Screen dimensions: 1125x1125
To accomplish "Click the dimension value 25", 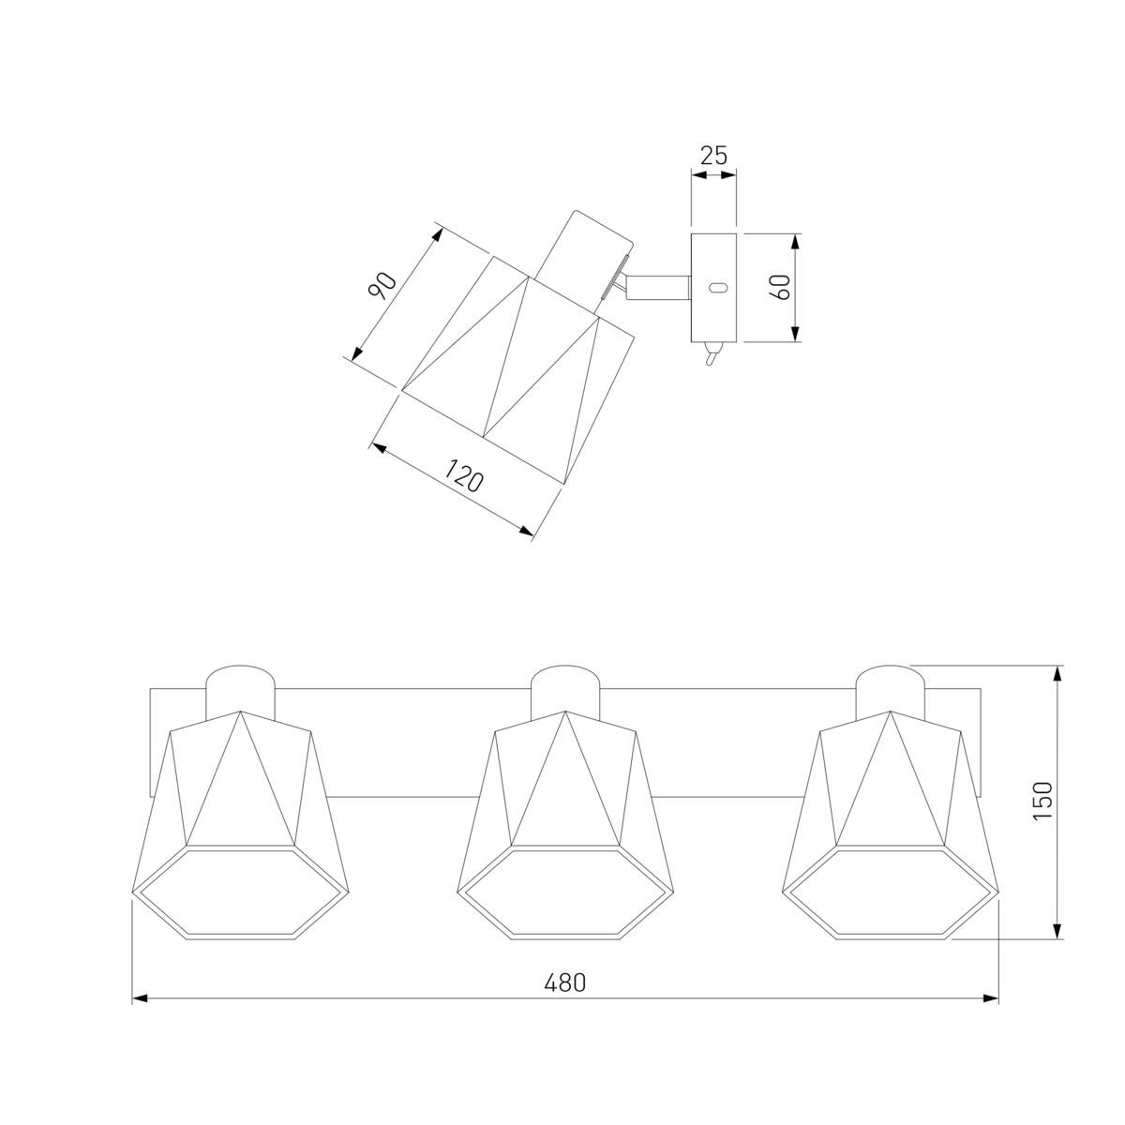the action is tap(713, 156).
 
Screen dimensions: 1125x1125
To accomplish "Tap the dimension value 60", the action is tap(781, 287).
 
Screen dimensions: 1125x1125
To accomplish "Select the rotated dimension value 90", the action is tap(382, 286).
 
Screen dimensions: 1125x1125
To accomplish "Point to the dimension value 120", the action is tap(463, 475).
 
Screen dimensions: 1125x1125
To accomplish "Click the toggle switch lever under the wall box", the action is tap(712, 353).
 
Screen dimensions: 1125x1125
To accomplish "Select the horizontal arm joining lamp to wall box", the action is tap(658, 289).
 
